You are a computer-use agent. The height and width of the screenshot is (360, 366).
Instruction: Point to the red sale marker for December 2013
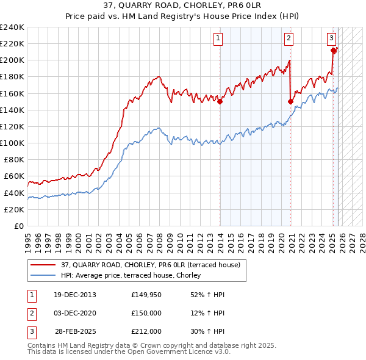pyautogui.click(x=220, y=102)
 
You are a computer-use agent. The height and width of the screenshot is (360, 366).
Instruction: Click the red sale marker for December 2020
pyautogui.click(x=291, y=102)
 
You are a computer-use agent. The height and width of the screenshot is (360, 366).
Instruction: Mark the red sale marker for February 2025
pyautogui.click(x=334, y=51)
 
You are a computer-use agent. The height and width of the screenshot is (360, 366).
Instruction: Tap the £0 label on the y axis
pyautogui.click(x=18, y=226)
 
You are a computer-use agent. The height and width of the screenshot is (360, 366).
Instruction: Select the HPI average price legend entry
pyautogui.click(x=134, y=275)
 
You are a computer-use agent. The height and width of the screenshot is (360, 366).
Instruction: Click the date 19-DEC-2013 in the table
pyautogui.click(x=75, y=295)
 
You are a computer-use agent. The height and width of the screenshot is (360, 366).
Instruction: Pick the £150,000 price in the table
pyautogui.click(x=146, y=313)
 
